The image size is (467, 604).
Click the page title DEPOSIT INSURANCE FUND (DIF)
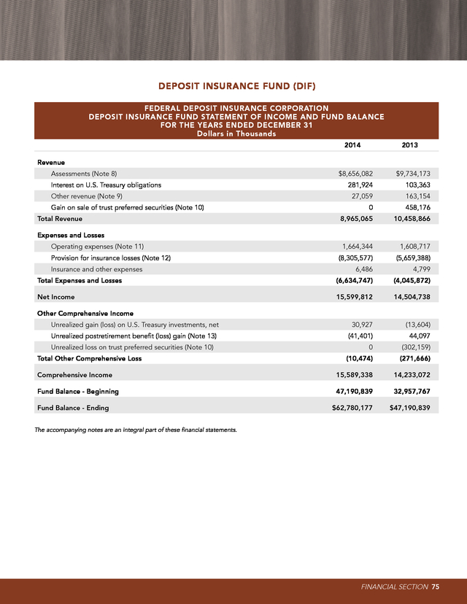click(x=233, y=86)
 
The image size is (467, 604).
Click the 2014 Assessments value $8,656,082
click(x=352, y=174)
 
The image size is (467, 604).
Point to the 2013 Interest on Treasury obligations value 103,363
click(x=415, y=185)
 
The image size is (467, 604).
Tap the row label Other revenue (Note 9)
click(x=82, y=196)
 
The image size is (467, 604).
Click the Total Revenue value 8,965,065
click(x=354, y=218)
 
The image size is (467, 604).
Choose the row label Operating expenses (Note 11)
click(x=92, y=247)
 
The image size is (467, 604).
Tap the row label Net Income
click(x=55, y=297)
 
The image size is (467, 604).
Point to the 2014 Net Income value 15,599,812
click(x=352, y=297)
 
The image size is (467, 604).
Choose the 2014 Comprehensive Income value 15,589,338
click(x=352, y=375)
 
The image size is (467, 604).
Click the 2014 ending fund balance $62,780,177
click(x=352, y=408)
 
